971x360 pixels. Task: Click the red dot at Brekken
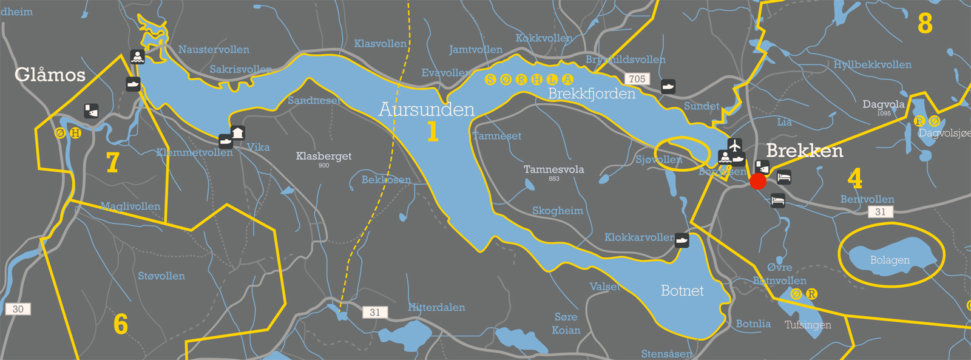pyautogui.click(x=758, y=182)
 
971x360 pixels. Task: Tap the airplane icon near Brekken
pyautogui.click(x=735, y=146)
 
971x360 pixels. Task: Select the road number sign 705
pyautogui.click(x=637, y=79)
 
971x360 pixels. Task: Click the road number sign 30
pyautogui.click(x=18, y=309)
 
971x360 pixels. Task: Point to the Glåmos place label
pyautogui.click(x=50, y=75)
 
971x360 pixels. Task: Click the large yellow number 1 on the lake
pyautogui.click(x=432, y=131)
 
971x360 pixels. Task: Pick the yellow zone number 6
pyautogui.click(x=121, y=324)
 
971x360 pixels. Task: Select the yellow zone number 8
pyautogui.click(x=924, y=24)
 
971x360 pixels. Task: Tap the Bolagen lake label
pyautogui.click(x=890, y=260)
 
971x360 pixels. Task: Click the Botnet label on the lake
pyautogui.click(x=682, y=291)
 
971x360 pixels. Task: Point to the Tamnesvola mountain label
pyautogui.click(x=553, y=169)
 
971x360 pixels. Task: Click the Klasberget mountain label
pyautogui.click(x=323, y=156)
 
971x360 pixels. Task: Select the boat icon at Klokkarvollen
pyautogui.click(x=682, y=240)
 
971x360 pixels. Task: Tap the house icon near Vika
pyautogui.click(x=238, y=132)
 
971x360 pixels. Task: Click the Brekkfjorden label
pyautogui.click(x=592, y=93)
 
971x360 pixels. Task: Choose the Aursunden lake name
pyautogui.click(x=426, y=109)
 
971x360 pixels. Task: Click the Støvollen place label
pyautogui.click(x=161, y=276)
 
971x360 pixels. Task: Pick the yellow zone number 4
pyautogui.click(x=854, y=178)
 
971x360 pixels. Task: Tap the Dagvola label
pyautogui.click(x=883, y=104)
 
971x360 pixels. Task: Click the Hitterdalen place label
pyautogui.click(x=436, y=307)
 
